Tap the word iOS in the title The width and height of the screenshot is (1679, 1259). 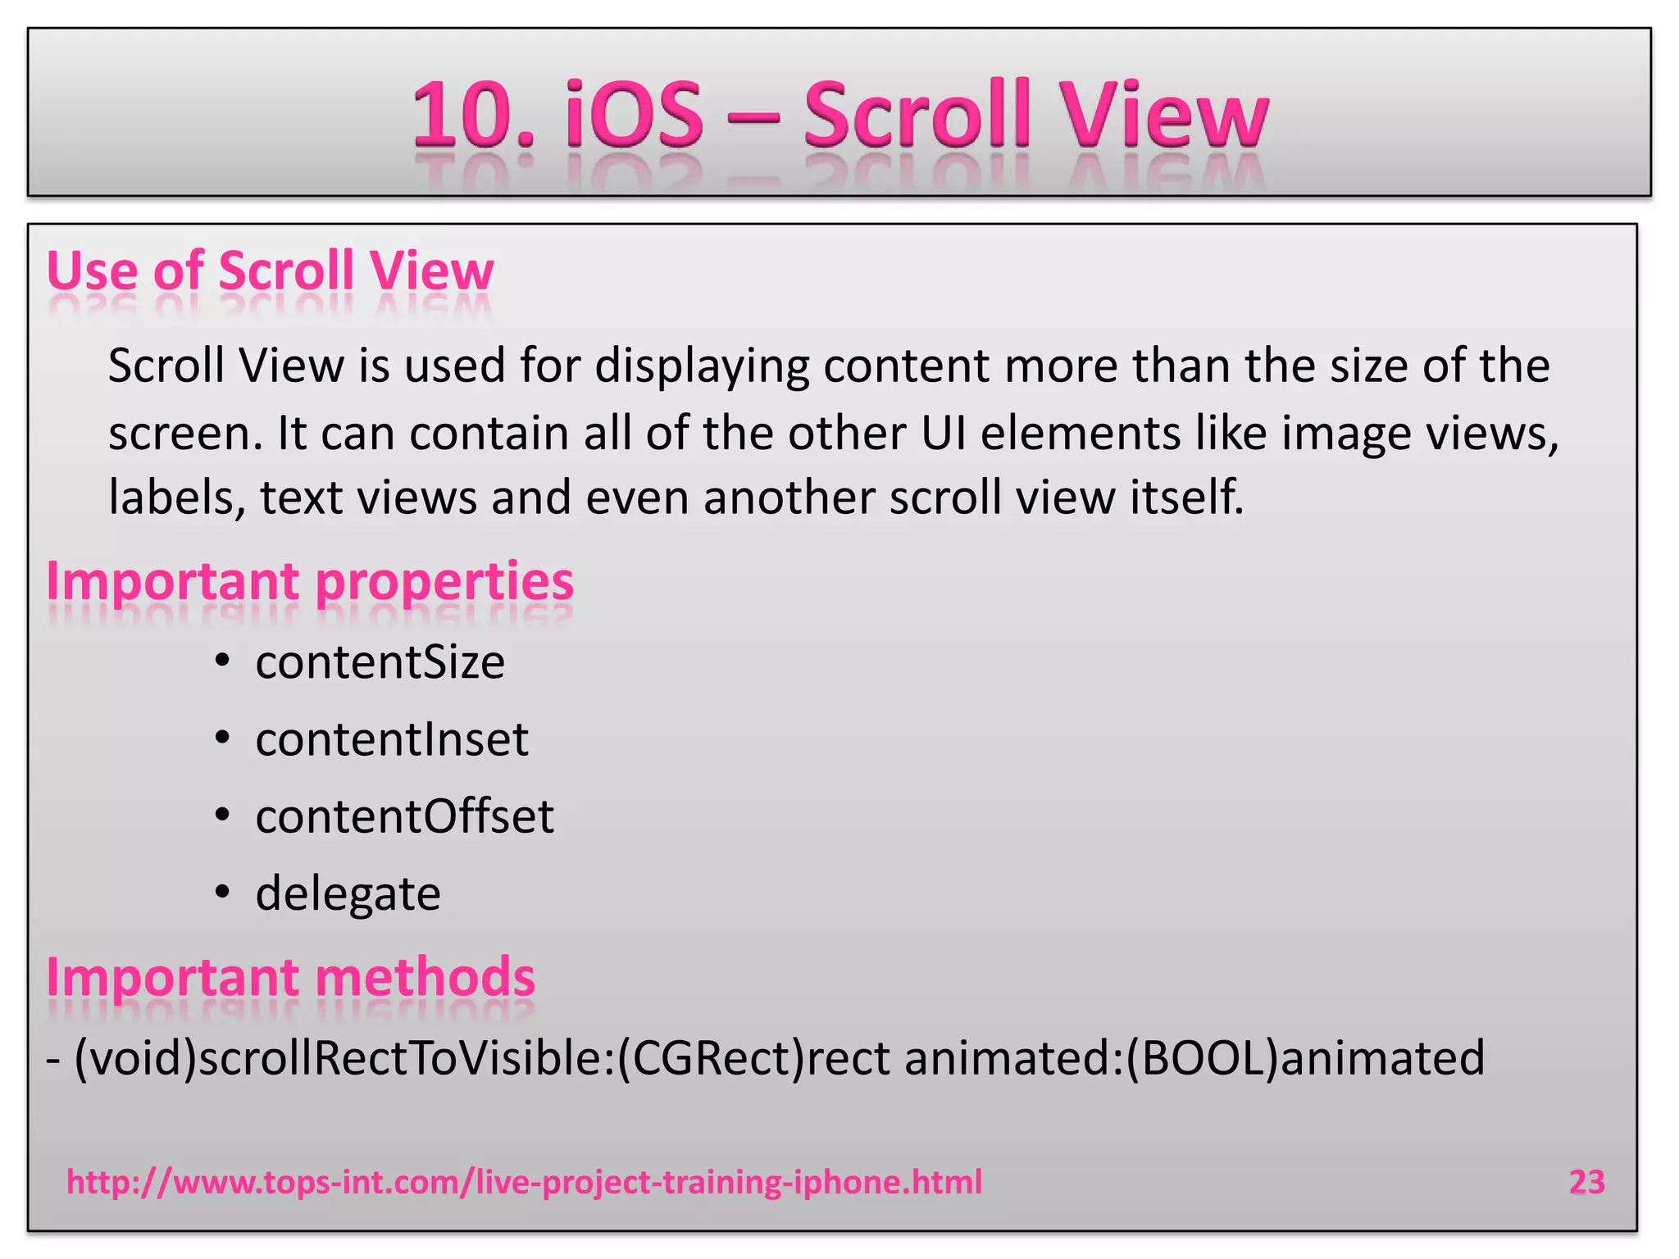[634, 114]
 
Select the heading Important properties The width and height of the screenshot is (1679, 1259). [310, 581]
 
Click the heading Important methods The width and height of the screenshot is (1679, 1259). [290, 977]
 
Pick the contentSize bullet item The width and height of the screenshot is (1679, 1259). [380, 662]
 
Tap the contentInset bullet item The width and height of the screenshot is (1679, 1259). [392, 739]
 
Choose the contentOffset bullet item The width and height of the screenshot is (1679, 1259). [404, 816]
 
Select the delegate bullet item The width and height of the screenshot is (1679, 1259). [348, 893]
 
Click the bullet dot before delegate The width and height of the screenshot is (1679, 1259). [222, 893]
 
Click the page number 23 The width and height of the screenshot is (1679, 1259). [1586, 1182]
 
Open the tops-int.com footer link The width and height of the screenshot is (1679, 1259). [524, 1182]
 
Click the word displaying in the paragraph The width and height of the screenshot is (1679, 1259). [702, 366]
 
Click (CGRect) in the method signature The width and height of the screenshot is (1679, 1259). [711, 1058]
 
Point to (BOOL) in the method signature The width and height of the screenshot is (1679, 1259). [1202, 1058]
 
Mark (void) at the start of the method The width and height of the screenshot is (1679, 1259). [135, 1058]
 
